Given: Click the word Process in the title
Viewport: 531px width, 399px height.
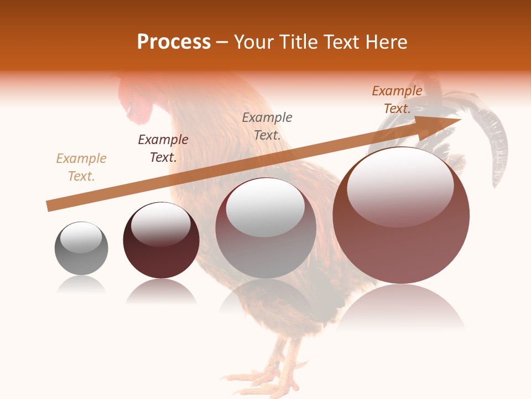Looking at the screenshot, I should [x=174, y=42].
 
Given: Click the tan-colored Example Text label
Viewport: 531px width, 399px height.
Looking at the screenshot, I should [x=81, y=167].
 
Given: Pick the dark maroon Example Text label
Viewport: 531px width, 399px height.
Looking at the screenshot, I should [x=163, y=149].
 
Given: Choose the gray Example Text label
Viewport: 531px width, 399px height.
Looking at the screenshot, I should [x=267, y=126].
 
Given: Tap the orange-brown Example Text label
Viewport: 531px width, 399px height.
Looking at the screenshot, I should [x=397, y=100].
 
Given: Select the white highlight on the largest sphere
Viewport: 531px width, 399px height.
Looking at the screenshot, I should [x=400, y=186].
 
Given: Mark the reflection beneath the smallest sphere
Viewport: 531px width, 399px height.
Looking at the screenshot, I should [x=81, y=285].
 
